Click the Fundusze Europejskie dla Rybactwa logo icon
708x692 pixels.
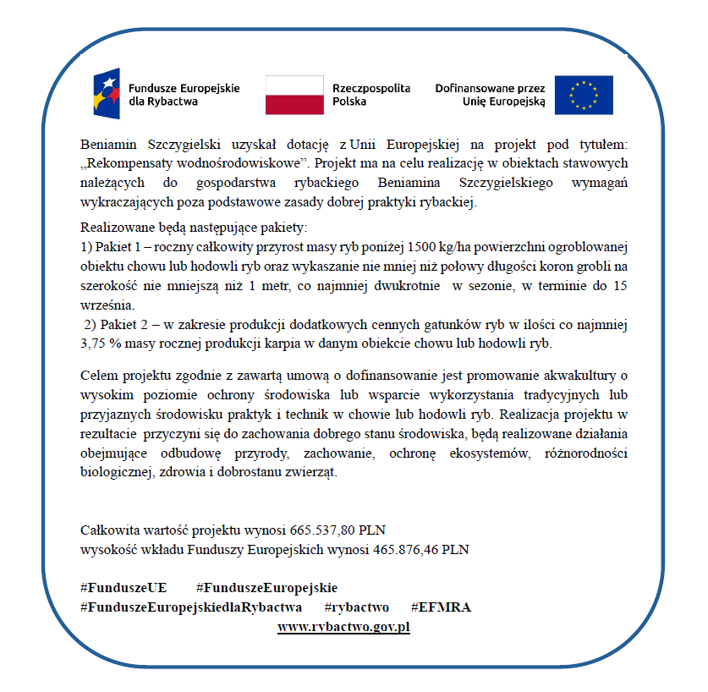point(107,92)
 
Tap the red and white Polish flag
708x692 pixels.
point(294,94)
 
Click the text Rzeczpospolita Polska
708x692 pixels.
point(371,94)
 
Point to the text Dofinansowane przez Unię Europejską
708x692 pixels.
point(491,94)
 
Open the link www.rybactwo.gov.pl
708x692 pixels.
point(343,627)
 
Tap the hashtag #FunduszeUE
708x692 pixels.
point(123,588)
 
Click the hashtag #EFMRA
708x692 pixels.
point(441,607)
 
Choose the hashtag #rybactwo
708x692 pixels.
point(356,607)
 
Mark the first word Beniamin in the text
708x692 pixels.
point(108,145)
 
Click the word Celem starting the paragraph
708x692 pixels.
point(99,375)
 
